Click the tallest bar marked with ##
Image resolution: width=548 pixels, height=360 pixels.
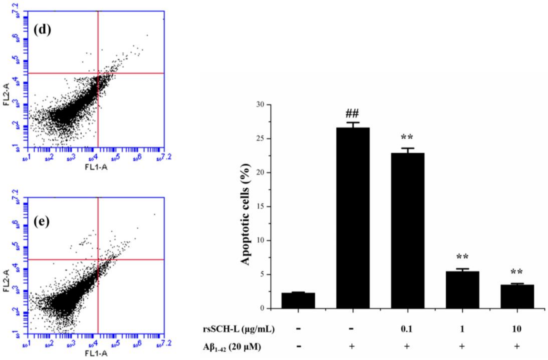coord(353,218)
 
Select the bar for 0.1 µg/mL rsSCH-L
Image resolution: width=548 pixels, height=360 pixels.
coord(407,231)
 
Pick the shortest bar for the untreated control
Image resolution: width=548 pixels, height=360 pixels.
coord(298,301)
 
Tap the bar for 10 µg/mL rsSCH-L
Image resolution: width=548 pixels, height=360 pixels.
coord(517,296)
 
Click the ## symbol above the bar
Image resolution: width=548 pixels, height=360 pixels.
coord(352,114)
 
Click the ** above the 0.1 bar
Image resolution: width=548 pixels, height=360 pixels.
coord(407,137)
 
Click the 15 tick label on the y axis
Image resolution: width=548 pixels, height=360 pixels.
coord(263,206)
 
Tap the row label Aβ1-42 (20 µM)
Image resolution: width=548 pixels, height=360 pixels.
coord(232,347)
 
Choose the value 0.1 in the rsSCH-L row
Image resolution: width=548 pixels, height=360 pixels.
coord(407,329)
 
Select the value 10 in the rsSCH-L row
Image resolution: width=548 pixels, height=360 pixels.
coord(517,329)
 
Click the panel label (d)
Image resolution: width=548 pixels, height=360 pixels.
coord(42,30)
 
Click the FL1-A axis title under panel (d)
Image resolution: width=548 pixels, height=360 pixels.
coord(96,167)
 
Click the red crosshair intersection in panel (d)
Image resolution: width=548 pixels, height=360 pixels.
coord(98,73)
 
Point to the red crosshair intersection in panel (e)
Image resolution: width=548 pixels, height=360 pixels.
coord(98,259)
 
